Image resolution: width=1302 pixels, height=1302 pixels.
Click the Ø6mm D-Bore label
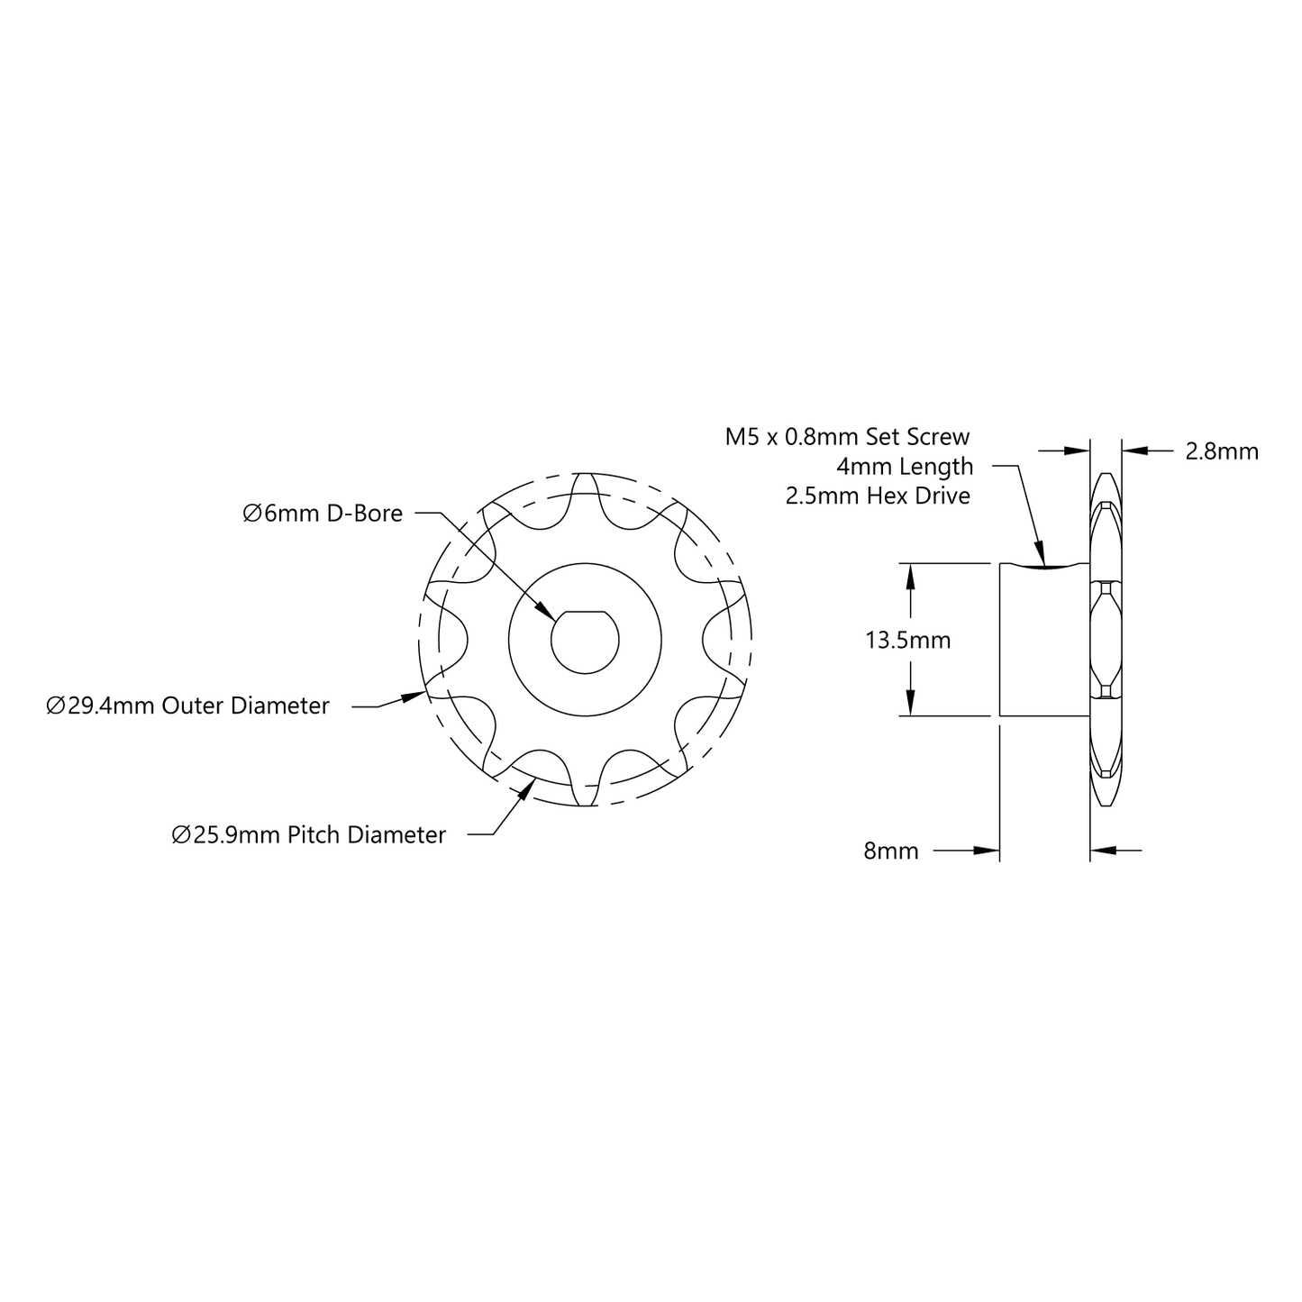tap(323, 514)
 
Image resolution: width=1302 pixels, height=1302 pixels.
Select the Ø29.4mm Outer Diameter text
tap(187, 706)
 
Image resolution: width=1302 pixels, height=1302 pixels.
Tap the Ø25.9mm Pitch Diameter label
tap(309, 835)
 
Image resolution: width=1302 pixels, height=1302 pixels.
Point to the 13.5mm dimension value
tap(908, 640)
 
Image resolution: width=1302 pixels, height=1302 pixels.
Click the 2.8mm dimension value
tap(1222, 451)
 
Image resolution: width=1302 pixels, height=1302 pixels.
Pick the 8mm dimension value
tap(891, 851)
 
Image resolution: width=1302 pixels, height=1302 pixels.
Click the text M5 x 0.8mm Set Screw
tap(847, 437)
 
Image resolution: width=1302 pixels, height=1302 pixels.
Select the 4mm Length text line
tap(905, 467)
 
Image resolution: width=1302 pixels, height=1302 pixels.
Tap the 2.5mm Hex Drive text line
tap(878, 496)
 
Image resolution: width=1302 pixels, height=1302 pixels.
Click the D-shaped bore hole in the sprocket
tap(585, 642)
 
